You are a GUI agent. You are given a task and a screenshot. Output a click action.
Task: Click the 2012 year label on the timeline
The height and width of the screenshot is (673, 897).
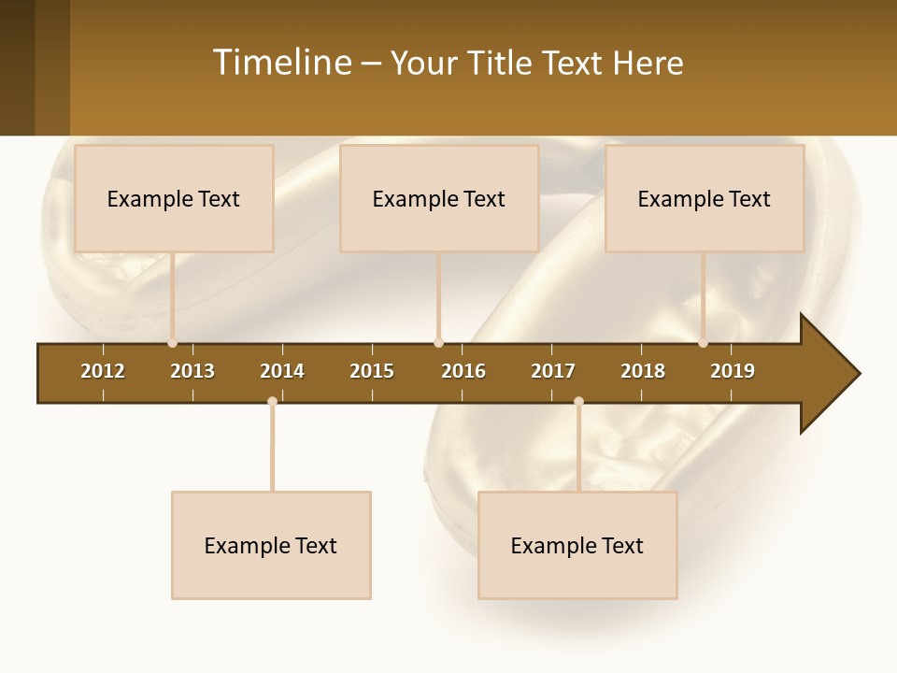103,371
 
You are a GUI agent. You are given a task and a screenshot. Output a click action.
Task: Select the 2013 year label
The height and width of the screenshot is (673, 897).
192,371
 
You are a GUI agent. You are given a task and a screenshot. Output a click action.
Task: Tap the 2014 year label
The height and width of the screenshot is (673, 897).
282,371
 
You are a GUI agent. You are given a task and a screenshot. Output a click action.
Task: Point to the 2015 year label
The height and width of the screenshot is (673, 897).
372,371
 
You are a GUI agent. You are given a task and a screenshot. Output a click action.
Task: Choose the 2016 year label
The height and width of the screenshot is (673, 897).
463,371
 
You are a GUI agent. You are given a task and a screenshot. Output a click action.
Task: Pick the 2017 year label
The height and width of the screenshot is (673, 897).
553,371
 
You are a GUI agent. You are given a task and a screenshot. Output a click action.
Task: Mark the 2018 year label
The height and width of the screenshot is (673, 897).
643,371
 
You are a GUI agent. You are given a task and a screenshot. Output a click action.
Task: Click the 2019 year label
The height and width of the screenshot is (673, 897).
733,371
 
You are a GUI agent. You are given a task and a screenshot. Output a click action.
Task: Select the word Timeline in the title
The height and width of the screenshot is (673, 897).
281,63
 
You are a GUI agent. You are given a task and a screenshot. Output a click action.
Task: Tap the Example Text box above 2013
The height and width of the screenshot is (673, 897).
174,198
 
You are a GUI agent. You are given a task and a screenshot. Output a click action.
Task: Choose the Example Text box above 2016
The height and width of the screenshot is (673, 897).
439,198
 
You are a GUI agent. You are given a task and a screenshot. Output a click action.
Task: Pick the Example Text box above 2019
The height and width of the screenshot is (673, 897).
705,198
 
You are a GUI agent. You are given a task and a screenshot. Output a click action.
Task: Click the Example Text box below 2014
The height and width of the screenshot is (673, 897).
271,545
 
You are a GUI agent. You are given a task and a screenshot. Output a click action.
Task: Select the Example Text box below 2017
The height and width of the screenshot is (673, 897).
577,545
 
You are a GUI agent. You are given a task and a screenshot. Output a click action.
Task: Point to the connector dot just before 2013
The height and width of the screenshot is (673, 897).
173,343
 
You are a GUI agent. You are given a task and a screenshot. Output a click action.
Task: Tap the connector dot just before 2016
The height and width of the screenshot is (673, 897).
438,343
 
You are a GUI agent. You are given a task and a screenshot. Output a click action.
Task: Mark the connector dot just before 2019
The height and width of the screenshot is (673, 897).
704,343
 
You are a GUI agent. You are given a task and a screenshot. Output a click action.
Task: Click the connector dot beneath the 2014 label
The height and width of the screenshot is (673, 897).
272,402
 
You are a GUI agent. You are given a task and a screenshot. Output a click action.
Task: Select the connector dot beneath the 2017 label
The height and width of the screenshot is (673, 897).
578,402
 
